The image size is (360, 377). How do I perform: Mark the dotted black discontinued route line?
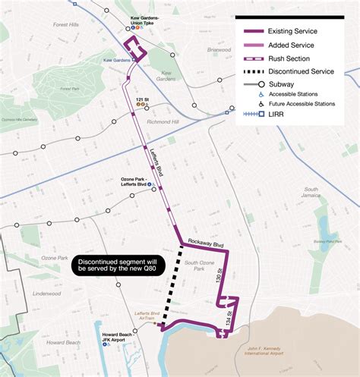click(x=170, y=288)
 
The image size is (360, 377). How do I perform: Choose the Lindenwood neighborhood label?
click(x=46, y=294)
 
